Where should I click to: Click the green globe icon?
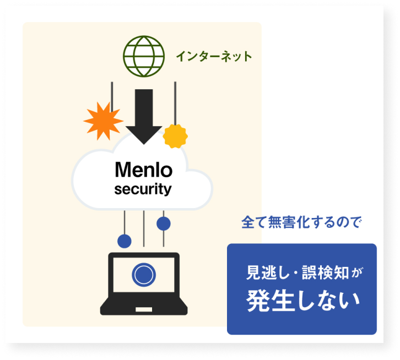[143, 56]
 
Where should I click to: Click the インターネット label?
[214, 56]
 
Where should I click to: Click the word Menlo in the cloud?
[143, 170]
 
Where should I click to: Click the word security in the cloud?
[143, 190]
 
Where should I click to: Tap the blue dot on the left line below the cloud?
[125, 241]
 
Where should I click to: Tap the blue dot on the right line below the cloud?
[164, 223]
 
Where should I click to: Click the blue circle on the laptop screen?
[144, 274]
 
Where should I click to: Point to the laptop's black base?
[144, 307]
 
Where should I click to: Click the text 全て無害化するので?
[302, 223]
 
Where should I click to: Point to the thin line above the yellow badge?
[175, 102]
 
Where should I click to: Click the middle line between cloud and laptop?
[144, 228]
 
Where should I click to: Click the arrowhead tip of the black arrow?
[144, 141]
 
